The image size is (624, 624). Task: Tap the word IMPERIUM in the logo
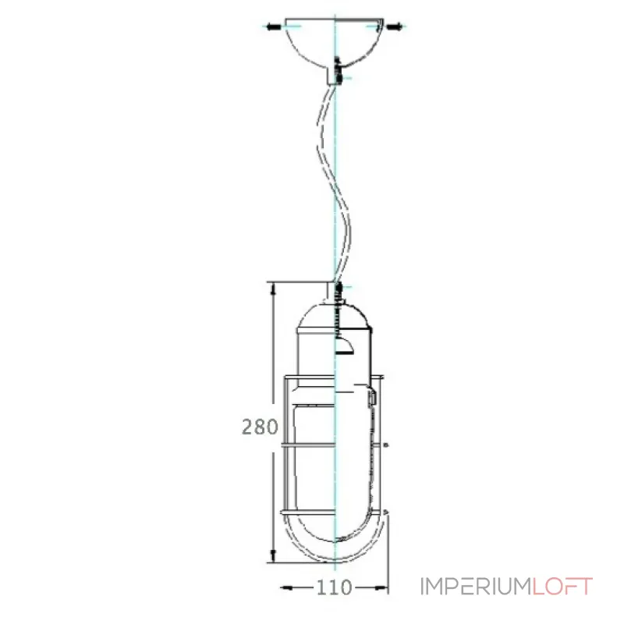click(x=476, y=587)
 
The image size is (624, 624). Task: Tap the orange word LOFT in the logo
click(x=562, y=587)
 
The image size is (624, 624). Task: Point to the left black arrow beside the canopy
click(x=272, y=27)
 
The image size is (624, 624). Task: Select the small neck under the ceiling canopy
click(x=336, y=75)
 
